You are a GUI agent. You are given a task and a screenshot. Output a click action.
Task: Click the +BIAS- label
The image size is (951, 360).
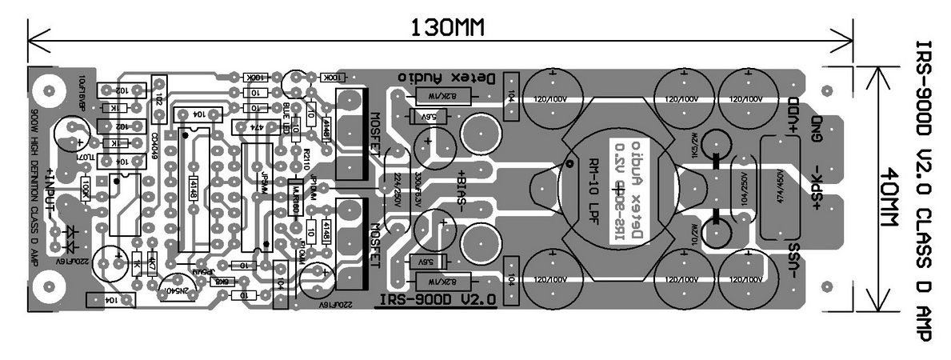tap(462, 191)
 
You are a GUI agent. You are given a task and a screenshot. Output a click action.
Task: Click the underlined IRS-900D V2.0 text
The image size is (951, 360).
tap(436, 298)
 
